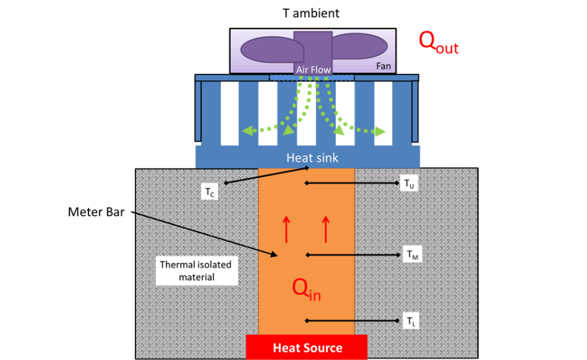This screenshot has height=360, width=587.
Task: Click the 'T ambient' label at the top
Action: pyautogui.click(x=311, y=13)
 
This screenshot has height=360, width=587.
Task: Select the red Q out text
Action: pyautogui.click(x=438, y=42)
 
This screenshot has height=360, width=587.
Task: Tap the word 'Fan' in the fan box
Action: pyautogui.click(x=383, y=66)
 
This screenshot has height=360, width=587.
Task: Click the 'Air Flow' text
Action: pyautogui.click(x=313, y=69)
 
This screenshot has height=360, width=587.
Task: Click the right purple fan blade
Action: pyautogui.click(x=360, y=46)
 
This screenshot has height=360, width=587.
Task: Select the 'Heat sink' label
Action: pyautogui.click(x=312, y=158)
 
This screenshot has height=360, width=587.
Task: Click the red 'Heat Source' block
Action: pyautogui.click(x=307, y=347)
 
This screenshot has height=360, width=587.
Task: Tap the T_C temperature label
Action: pyautogui.click(x=210, y=192)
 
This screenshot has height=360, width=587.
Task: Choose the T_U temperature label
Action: pyautogui.click(x=409, y=184)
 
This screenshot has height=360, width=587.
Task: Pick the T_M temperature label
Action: pyautogui.click(x=412, y=255)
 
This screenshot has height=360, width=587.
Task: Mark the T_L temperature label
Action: pyautogui.click(x=411, y=321)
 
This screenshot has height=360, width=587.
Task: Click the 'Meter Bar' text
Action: pyautogui.click(x=97, y=212)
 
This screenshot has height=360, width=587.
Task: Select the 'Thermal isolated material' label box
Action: pyautogui.click(x=196, y=271)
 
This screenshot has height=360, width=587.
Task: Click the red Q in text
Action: pyautogui.click(x=306, y=289)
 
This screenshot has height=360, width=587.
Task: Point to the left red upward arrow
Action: pyautogui.click(x=286, y=229)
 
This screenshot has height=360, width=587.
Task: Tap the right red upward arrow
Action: pyautogui.click(x=326, y=229)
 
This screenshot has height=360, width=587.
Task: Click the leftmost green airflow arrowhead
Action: pyautogui.click(x=247, y=131)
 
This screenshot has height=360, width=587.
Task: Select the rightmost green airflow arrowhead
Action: pyautogui.click(x=380, y=131)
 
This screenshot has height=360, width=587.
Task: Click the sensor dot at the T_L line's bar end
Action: pyautogui.click(x=307, y=321)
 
